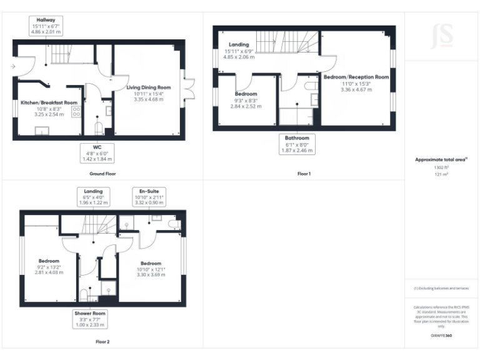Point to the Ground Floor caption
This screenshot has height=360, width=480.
point(102,174)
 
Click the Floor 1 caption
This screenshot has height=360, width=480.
point(304,174)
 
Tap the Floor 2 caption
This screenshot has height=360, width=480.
point(102,342)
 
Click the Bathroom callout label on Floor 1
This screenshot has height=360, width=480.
point(297,143)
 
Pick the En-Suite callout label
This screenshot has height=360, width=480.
point(148,196)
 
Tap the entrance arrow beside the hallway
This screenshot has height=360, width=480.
point(13,65)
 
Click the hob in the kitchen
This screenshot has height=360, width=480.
point(77,112)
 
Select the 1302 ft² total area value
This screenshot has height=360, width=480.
point(441,167)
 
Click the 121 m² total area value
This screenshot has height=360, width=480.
point(441,174)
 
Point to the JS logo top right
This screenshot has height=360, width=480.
point(442,36)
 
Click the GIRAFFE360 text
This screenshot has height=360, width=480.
point(441,336)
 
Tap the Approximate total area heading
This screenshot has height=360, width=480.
point(441,159)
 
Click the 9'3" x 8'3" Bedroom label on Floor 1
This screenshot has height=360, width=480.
point(246,100)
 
